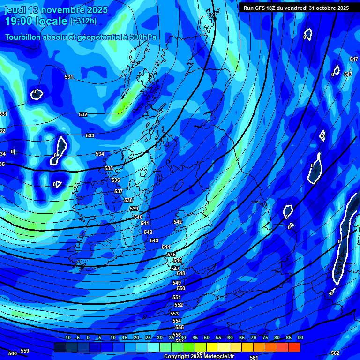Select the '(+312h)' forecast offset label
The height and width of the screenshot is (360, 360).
coord(84,21)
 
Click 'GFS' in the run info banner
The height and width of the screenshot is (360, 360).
coord(263,8)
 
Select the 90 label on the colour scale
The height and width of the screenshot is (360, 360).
coord(300,338)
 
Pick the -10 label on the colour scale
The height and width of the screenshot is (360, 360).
coord(67,338)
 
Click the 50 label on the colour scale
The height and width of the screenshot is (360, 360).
coord(207,338)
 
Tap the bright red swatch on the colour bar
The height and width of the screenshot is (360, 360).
coord(294,347)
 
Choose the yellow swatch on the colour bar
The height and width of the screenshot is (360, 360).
coord(212,347)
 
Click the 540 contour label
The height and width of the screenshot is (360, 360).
coord(138,217)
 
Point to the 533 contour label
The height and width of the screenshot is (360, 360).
coord(90,136)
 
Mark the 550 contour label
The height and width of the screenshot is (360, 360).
coord(181,289)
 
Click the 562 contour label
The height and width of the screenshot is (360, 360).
coord(335,353)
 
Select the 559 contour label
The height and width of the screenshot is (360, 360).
coord(25,351)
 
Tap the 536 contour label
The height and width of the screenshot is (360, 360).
coord(116,180)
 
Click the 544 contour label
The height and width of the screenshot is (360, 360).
coord(166,247)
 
